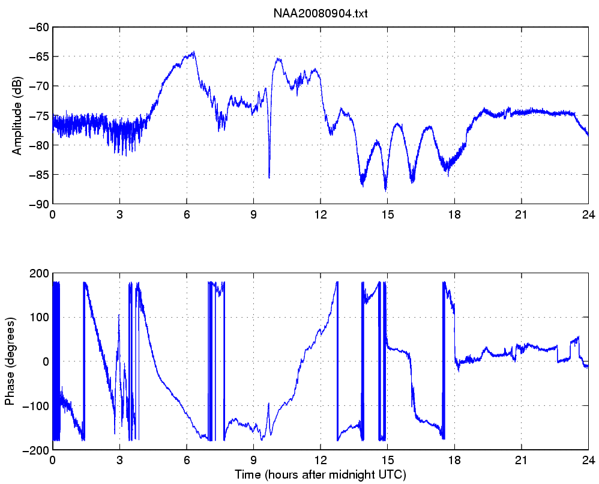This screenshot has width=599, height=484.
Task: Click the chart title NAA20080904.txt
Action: [x=321, y=14]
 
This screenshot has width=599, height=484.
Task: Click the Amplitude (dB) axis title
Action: [x=16, y=115]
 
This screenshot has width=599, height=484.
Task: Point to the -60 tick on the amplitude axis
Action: [x=38, y=28]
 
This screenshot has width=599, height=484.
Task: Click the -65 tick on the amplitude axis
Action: [x=38, y=57]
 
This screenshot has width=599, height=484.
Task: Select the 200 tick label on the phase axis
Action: [x=40, y=274]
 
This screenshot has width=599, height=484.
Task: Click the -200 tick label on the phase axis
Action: [x=37, y=450]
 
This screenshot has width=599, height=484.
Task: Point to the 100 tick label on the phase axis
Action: [x=40, y=318]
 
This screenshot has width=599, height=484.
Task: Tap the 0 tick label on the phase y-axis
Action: [x=46, y=361]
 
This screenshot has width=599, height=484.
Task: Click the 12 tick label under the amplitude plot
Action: [x=321, y=215]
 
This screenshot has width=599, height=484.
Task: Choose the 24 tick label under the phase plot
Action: [x=588, y=460]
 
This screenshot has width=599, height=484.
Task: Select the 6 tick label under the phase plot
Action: [x=187, y=460]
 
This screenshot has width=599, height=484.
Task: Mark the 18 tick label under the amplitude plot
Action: [x=454, y=215]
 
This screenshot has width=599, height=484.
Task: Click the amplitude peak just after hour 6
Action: [x=194, y=52]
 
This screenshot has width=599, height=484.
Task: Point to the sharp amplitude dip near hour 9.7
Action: [x=269, y=177]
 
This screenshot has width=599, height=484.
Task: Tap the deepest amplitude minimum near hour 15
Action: [x=385, y=190]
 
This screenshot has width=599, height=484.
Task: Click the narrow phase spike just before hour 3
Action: [x=119, y=315]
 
